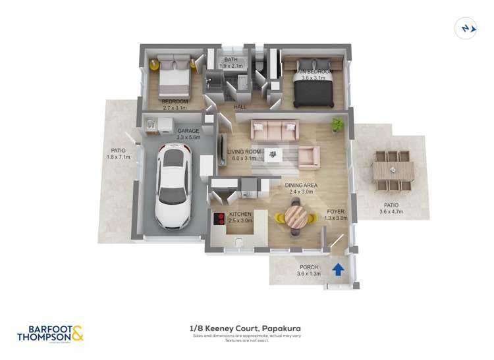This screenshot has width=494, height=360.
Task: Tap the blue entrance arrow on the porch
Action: tap(338, 269)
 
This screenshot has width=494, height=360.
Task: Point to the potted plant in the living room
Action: tap(338, 123)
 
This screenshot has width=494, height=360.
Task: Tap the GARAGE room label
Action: tap(188, 131)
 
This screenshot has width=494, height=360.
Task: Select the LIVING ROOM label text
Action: tap(244, 152)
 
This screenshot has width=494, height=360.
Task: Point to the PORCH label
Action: tap(308, 267)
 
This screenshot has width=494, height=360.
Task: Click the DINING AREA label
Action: tap(301, 186)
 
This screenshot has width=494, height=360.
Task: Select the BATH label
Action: tap(231, 60)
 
